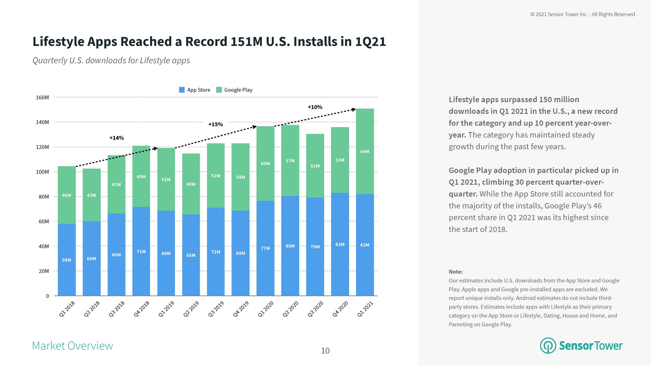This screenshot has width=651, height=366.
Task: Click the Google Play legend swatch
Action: [x=219, y=90]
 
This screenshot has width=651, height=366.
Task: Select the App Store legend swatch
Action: [x=182, y=90]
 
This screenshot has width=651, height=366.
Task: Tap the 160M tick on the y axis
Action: [x=42, y=98]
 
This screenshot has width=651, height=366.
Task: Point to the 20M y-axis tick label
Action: [x=43, y=271]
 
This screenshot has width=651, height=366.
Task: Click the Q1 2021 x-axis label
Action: [x=365, y=309]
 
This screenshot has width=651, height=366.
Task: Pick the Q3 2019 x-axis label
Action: [x=216, y=309]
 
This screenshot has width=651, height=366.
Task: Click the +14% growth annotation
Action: [x=117, y=138]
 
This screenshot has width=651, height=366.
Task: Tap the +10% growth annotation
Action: [x=315, y=107]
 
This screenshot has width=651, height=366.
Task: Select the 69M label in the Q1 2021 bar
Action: [x=365, y=152]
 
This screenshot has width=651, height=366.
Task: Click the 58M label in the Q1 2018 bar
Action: [x=67, y=260]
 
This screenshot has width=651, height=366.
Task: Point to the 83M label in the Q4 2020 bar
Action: [x=340, y=245]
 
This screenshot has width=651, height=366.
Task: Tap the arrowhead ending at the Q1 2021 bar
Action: [x=354, y=110]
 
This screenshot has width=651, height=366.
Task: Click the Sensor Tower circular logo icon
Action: [x=548, y=346]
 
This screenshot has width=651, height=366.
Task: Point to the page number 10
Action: [x=325, y=351]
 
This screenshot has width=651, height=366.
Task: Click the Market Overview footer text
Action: [x=72, y=346]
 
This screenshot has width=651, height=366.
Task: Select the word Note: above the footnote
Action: [x=456, y=272]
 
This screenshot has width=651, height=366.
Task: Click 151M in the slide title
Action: [x=246, y=41]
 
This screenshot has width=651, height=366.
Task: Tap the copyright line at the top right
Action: [x=583, y=14]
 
